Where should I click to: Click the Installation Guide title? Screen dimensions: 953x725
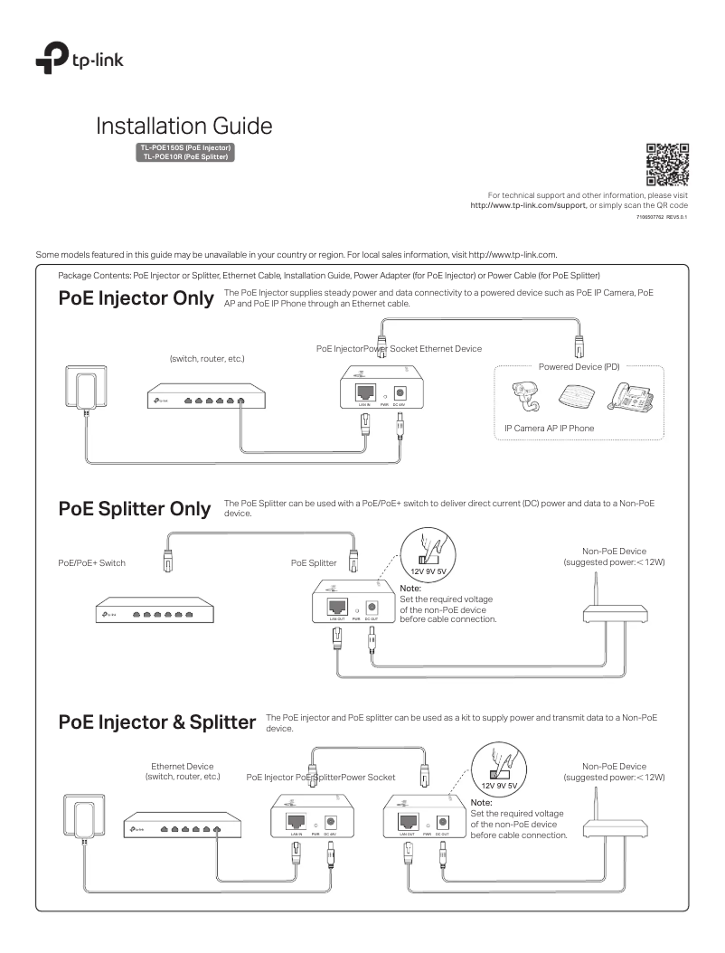184,126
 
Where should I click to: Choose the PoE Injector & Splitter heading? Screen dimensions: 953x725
148,722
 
